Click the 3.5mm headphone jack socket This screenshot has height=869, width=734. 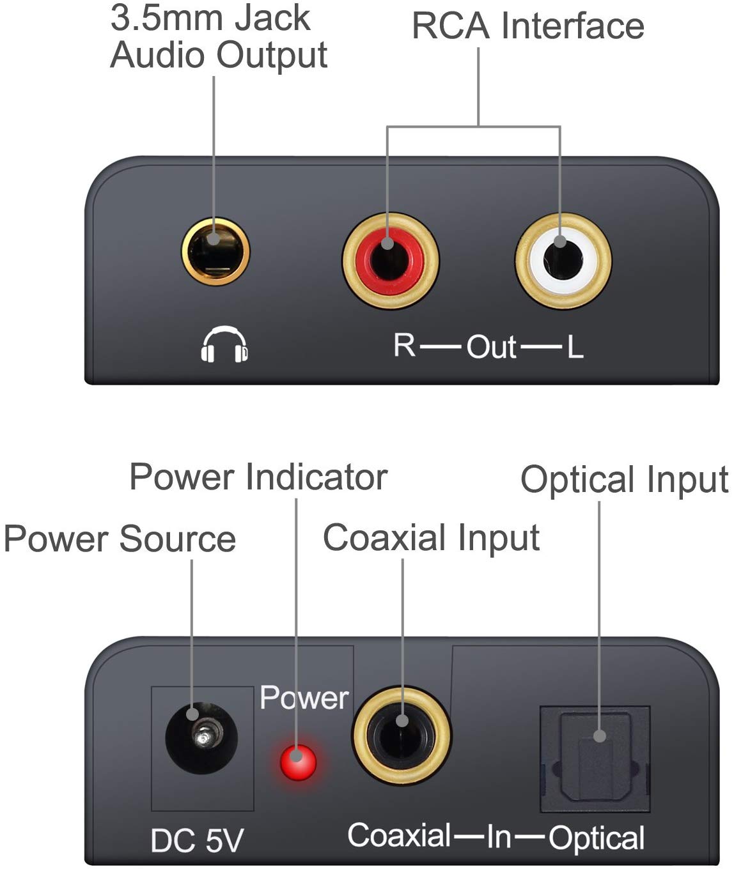click(x=215, y=251)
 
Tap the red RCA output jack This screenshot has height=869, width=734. click(x=389, y=261)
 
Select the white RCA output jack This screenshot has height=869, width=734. click(x=563, y=261)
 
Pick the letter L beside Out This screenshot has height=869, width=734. click(x=575, y=348)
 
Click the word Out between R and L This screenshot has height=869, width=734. click(x=490, y=347)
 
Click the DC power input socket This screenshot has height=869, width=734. click(x=202, y=738)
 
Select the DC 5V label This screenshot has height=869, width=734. click(x=197, y=840)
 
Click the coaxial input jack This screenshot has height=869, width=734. click(x=401, y=735)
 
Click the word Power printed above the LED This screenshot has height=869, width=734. click(x=304, y=698)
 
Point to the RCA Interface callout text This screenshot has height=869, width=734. click(x=527, y=26)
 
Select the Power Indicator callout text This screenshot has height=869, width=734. click(x=258, y=477)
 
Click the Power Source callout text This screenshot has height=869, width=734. click(x=120, y=539)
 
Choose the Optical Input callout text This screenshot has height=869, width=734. click(x=624, y=480)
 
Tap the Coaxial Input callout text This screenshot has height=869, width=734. click(x=431, y=537)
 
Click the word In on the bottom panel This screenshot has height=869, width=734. click(x=499, y=836)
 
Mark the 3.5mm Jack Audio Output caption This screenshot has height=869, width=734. click(x=219, y=37)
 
